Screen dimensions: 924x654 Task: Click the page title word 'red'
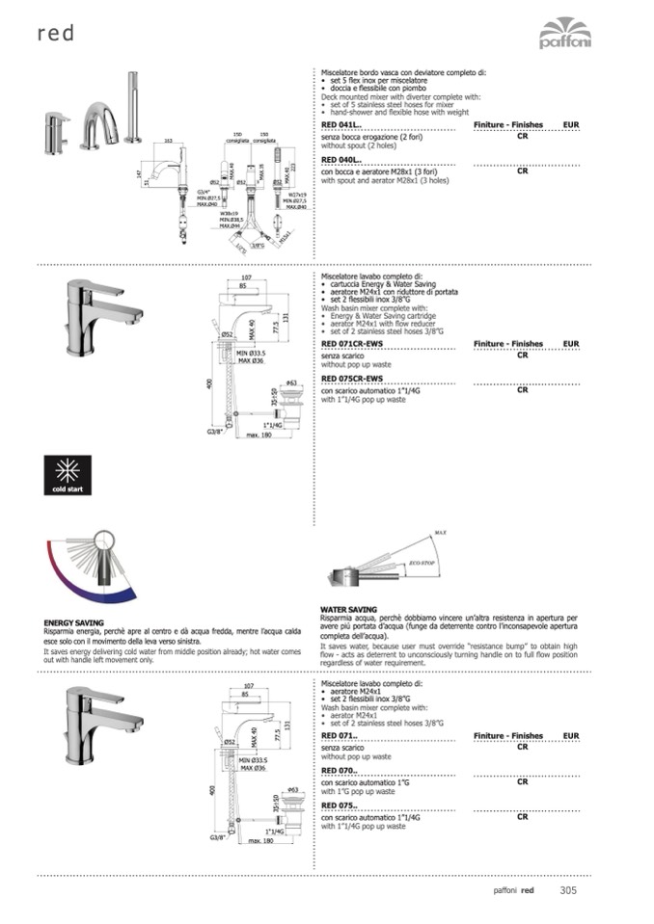click(x=56, y=35)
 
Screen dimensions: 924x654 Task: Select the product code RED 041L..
click(x=341, y=125)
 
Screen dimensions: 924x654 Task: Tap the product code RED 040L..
click(x=341, y=160)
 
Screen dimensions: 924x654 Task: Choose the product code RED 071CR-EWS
click(x=352, y=343)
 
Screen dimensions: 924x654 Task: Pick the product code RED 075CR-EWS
click(x=352, y=379)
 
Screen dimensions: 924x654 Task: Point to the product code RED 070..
click(x=340, y=770)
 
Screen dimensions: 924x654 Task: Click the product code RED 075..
click(x=340, y=805)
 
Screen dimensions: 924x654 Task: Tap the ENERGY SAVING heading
click(x=74, y=623)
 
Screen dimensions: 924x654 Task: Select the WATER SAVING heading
click(x=349, y=610)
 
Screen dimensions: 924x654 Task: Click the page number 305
click(x=568, y=890)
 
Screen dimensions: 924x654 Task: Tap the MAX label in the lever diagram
click(x=440, y=532)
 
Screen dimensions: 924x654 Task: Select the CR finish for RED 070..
click(x=522, y=781)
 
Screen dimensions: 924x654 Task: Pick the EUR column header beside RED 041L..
click(x=571, y=125)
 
